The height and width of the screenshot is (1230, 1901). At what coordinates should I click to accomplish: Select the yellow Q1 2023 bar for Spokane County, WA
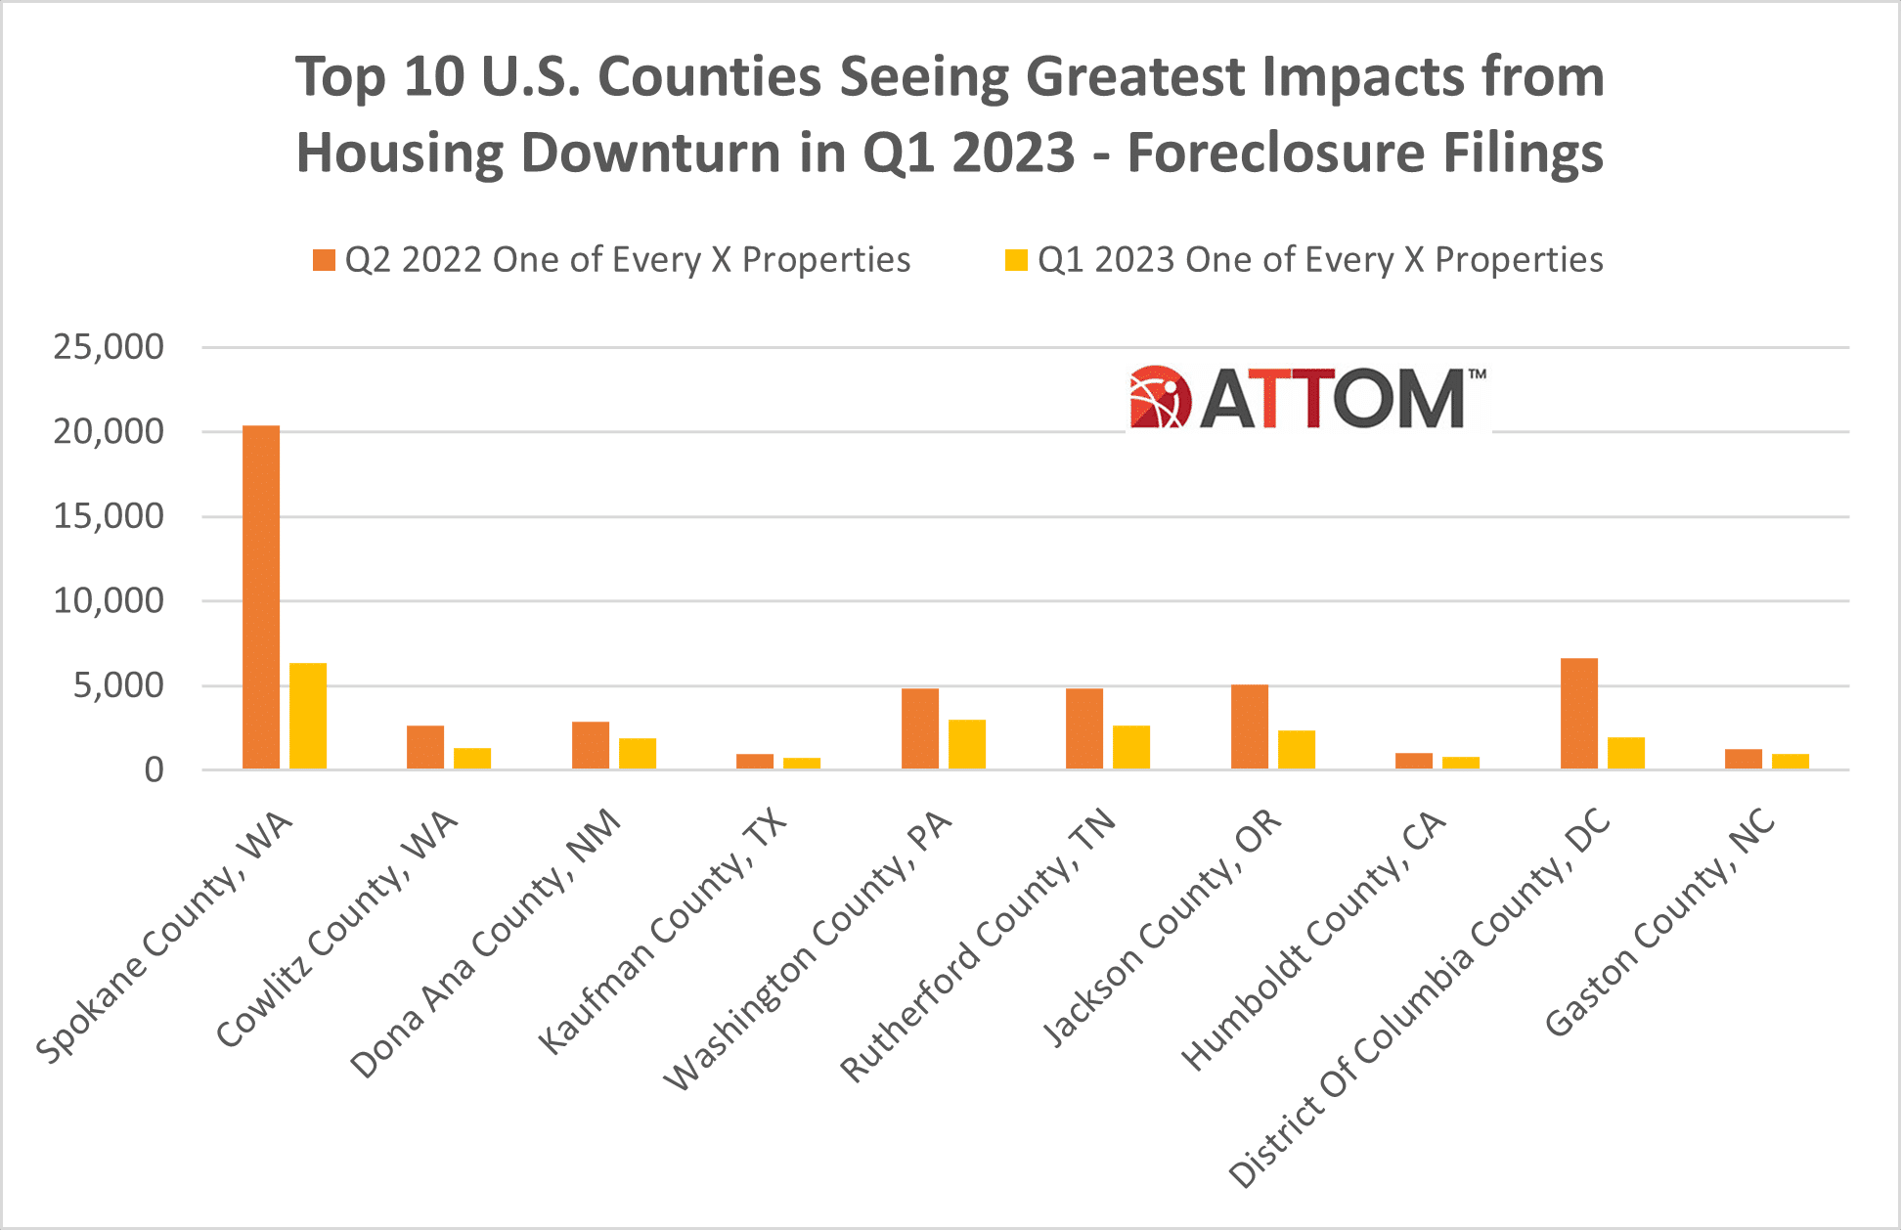(308, 716)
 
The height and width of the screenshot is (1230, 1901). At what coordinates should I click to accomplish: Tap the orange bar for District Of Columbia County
(1579, 714)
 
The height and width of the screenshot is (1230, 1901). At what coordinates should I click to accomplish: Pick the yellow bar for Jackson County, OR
(1297, 749)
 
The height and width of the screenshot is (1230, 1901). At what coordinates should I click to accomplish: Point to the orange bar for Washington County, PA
(920, 728)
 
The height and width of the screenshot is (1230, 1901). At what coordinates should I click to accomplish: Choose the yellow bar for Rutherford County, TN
(1131, 747)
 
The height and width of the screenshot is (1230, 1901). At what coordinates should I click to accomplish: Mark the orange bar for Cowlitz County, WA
(425, 747)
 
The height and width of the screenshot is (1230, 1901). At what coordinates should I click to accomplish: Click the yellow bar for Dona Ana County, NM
(638, 754)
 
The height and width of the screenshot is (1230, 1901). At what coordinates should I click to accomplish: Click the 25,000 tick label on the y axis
(109, 347)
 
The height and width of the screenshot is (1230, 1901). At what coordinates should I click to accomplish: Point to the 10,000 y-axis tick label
(109, 601)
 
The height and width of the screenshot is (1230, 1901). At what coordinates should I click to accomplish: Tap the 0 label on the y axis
(154, 770)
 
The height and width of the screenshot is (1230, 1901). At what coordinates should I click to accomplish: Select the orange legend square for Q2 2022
(324, 260)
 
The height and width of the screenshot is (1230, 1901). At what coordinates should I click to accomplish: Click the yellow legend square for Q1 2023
(1016, 260)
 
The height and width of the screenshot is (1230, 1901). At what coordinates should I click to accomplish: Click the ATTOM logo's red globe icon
(1160, 398)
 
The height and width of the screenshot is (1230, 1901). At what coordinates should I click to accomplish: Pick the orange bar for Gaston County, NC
(1744, 759)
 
